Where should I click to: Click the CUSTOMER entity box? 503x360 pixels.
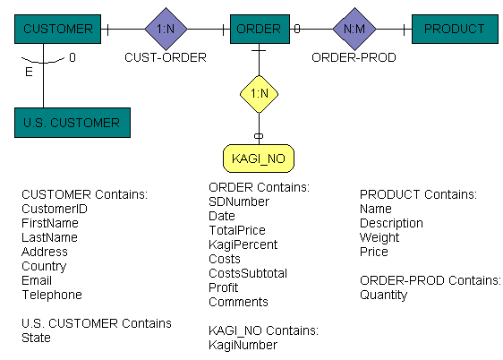[x=57, y=29]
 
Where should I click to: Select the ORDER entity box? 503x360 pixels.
[x=259, y=29]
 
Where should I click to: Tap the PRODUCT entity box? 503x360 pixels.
[x=454, y=29]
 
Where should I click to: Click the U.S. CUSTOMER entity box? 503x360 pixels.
[x=72, y=123]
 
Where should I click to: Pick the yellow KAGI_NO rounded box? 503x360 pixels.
[x=259, y=159]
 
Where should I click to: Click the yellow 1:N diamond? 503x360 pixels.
[x=259, y=93]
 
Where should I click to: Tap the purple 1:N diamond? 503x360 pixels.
[x=166, y=29]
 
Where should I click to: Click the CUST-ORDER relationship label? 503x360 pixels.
[x=166, y=57]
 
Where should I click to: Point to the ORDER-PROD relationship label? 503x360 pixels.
[x=354, y=57]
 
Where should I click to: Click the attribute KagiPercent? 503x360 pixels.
[x=243, y=244]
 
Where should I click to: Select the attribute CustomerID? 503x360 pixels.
[x=55, y=209]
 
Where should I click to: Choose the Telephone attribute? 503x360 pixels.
[x=51, y=295]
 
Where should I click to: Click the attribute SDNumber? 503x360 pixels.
[x=239, y=201]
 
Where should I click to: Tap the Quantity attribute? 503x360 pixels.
[x=383, y=295]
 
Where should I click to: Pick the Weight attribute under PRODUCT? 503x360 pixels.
[x=379, y=237]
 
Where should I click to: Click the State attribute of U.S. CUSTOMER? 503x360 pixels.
[x=36, y=338]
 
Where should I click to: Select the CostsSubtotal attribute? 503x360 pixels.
[x=247, y=273]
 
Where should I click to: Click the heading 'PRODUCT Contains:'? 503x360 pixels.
[x=418, y=194]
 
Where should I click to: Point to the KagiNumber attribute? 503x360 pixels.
[x=243, y=345]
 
